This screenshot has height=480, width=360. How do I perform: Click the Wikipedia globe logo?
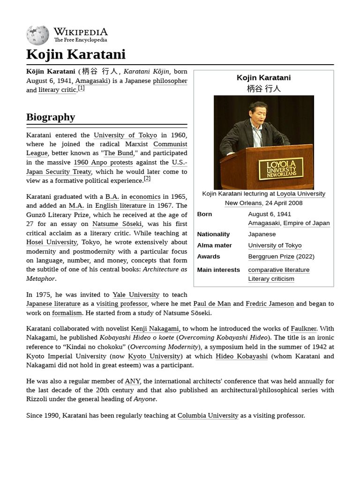coord(37,35)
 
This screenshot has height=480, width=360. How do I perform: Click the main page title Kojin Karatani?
coord(76,54)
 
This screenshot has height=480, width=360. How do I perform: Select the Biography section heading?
coord(51,117)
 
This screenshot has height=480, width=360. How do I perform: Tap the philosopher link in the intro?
coord(170,81)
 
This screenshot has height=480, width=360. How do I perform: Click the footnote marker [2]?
coord(147,179)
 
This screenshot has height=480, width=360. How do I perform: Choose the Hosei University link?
coord(52,242)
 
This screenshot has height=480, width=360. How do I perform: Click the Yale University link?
coord(136,294)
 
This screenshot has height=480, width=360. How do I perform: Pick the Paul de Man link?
coord(212,303)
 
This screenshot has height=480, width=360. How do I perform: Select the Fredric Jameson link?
coord(270,303)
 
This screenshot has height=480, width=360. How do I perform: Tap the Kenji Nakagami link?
coord(155,329)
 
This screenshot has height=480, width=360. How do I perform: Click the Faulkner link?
coord(303,329)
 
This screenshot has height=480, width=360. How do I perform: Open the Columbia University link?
coord(208,415)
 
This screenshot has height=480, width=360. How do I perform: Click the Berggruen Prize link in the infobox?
coord(271,256)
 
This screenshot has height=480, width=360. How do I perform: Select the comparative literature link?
coord(278,270)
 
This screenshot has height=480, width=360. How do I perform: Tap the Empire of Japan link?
coord(306,223)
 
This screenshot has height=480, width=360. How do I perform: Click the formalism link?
coord(67,313)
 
